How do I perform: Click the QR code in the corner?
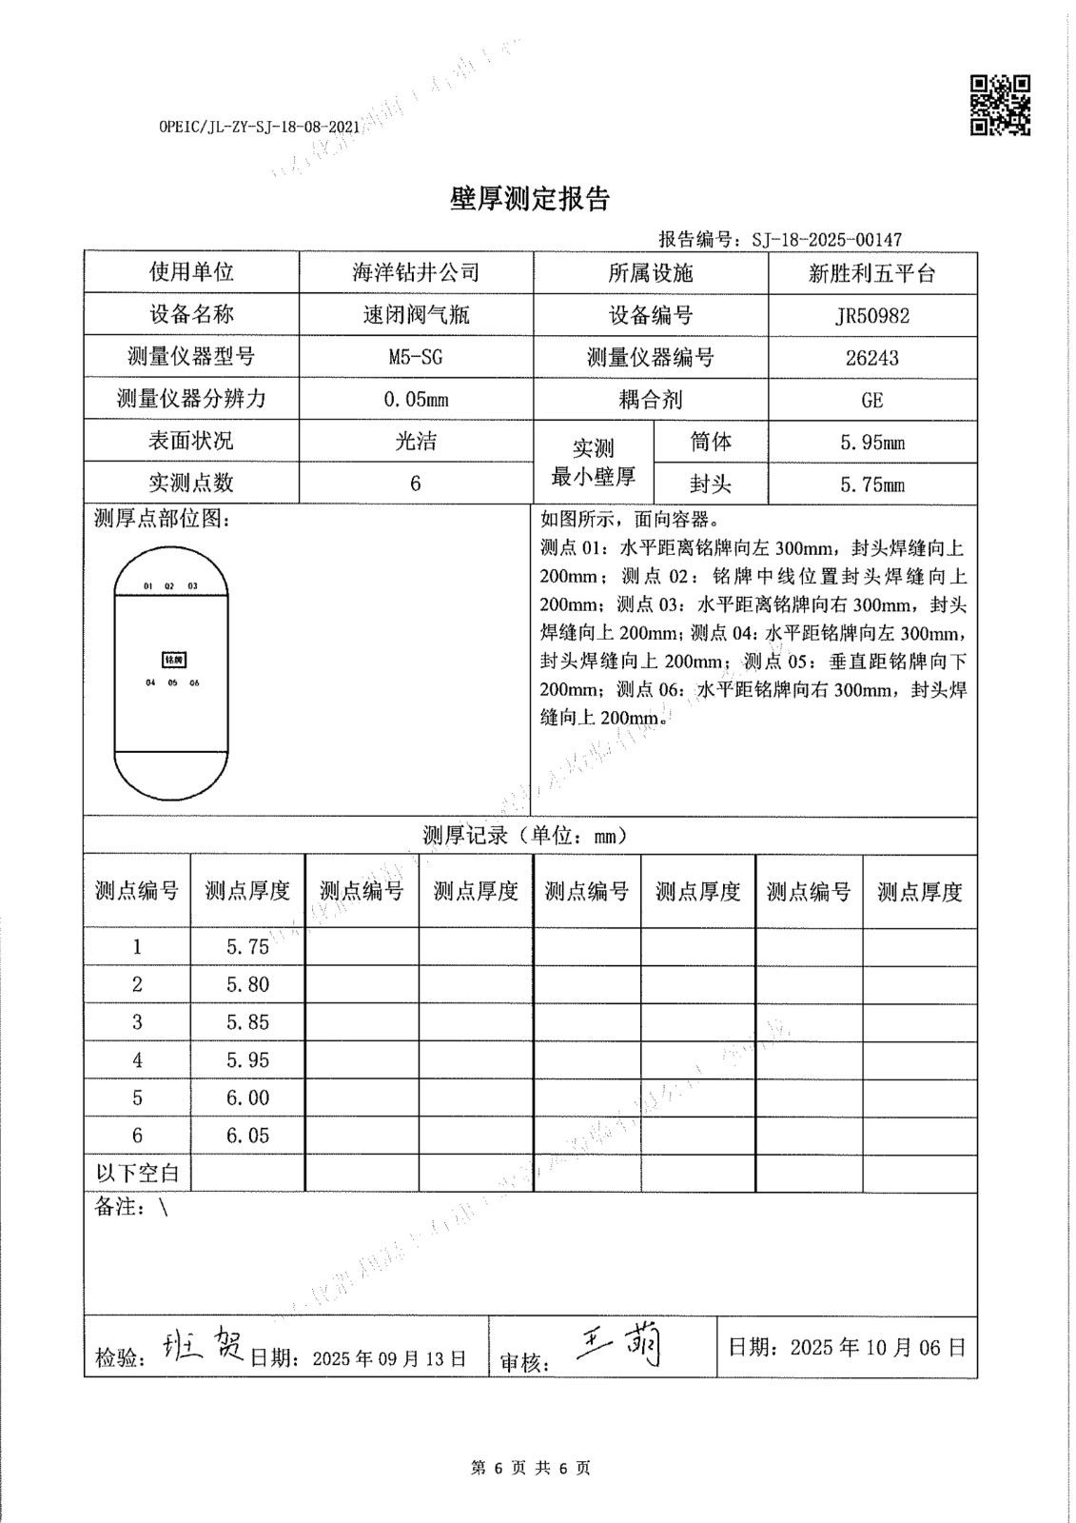point(1000,105)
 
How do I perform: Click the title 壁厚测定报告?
point(529,199)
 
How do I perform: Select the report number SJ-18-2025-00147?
point(826,240)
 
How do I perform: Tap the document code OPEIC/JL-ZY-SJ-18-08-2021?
point(260,126)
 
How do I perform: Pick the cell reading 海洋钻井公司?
point(416,273)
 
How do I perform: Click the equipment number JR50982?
point(872,316)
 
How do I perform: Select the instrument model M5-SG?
point(416,358)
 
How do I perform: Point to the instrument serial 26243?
point(872,358)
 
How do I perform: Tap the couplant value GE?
point(872,400)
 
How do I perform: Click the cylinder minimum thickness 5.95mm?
point(872,443)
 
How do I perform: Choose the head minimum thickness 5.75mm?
point(872,485)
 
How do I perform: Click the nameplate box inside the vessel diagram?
point(172,660)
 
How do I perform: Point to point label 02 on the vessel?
point(169,586)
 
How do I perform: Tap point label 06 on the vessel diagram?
point(194,682)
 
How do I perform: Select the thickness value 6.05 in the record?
point(247,1136)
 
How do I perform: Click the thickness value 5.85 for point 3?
point(247,1022)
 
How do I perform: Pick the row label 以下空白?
point(137,1173)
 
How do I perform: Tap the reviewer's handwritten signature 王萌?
point(619,1346)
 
